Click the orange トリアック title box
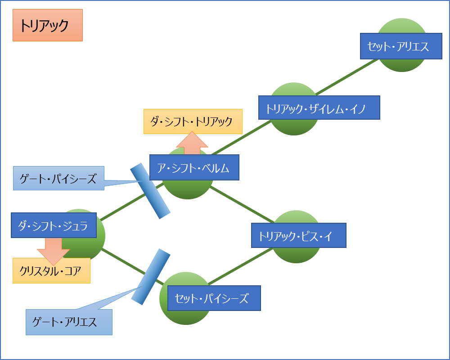(x=48, y=25)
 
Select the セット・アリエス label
(x=401, y=46)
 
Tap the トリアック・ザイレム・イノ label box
(x=319, y=108)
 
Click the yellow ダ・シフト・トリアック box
(x=193, y=121)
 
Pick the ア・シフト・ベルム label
(x=194, y=167)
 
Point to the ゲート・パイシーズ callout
(x=58, y=178)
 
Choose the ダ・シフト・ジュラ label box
(x=54, y=225)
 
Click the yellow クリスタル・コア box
(x=51, y=271)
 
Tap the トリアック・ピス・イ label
(x=299, y=235)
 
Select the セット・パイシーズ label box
(x=214, y=298)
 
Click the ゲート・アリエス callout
(x=69, y=322)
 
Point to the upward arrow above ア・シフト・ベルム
(x=192, y=143)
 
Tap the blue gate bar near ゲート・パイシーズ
(x=150, y=191)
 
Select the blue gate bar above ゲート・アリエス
(x=151, y=277)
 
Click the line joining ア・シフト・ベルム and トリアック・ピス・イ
(x=242, y=204)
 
